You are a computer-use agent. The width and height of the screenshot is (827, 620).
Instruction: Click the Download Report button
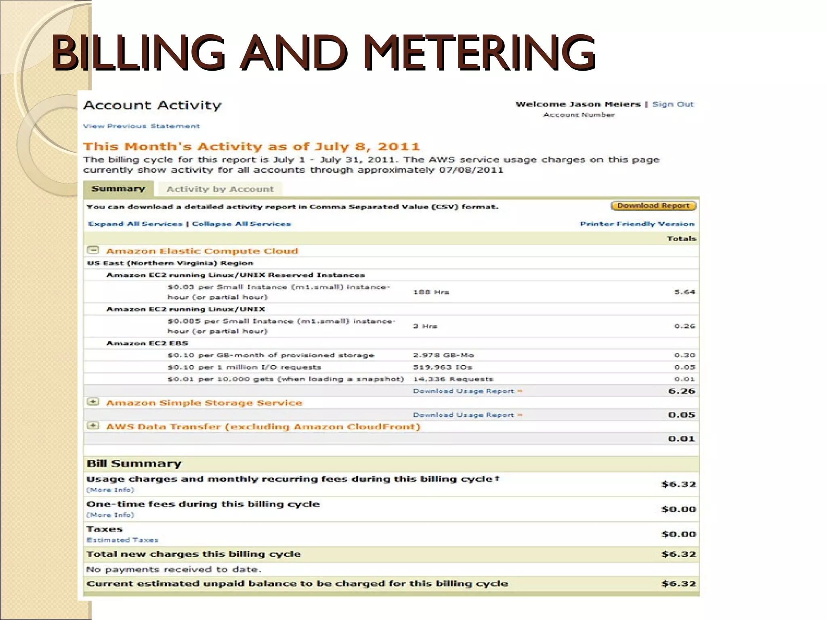pos(653,206)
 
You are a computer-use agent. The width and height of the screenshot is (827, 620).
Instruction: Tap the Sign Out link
pos(673,104)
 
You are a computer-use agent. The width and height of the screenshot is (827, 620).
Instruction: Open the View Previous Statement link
pos(141,126)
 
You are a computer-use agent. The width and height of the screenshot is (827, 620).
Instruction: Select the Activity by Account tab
pos(220,189)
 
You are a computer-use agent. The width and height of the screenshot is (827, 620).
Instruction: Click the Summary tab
pos(118,189)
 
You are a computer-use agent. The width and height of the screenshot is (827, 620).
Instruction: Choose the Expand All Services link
pos(135,224)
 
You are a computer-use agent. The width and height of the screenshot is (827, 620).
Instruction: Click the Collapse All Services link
pos(241,224)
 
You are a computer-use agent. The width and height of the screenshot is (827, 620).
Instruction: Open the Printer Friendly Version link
pos(637,224)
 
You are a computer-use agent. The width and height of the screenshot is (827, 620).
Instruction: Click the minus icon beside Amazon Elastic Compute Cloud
pos(93,250)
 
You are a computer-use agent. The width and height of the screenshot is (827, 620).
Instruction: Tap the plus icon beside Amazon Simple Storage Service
pos(93,402)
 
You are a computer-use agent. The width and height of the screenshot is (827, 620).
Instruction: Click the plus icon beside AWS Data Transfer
pos(93,426)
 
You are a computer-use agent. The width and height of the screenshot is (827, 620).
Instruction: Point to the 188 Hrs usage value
pos(431,292)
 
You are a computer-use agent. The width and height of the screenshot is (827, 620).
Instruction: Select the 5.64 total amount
pos(684,292)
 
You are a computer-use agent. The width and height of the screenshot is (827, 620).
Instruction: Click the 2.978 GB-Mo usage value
pos(443,355)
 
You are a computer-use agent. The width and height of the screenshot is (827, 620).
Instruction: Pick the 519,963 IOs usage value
pos(442,367)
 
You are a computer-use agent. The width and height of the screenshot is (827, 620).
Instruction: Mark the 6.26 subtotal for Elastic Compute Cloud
pos(682,391)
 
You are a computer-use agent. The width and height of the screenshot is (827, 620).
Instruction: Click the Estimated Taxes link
pos(122,540)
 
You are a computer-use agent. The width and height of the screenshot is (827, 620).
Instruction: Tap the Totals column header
pos(681,239)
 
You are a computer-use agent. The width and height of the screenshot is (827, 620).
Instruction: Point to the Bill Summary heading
pos(134,463)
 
